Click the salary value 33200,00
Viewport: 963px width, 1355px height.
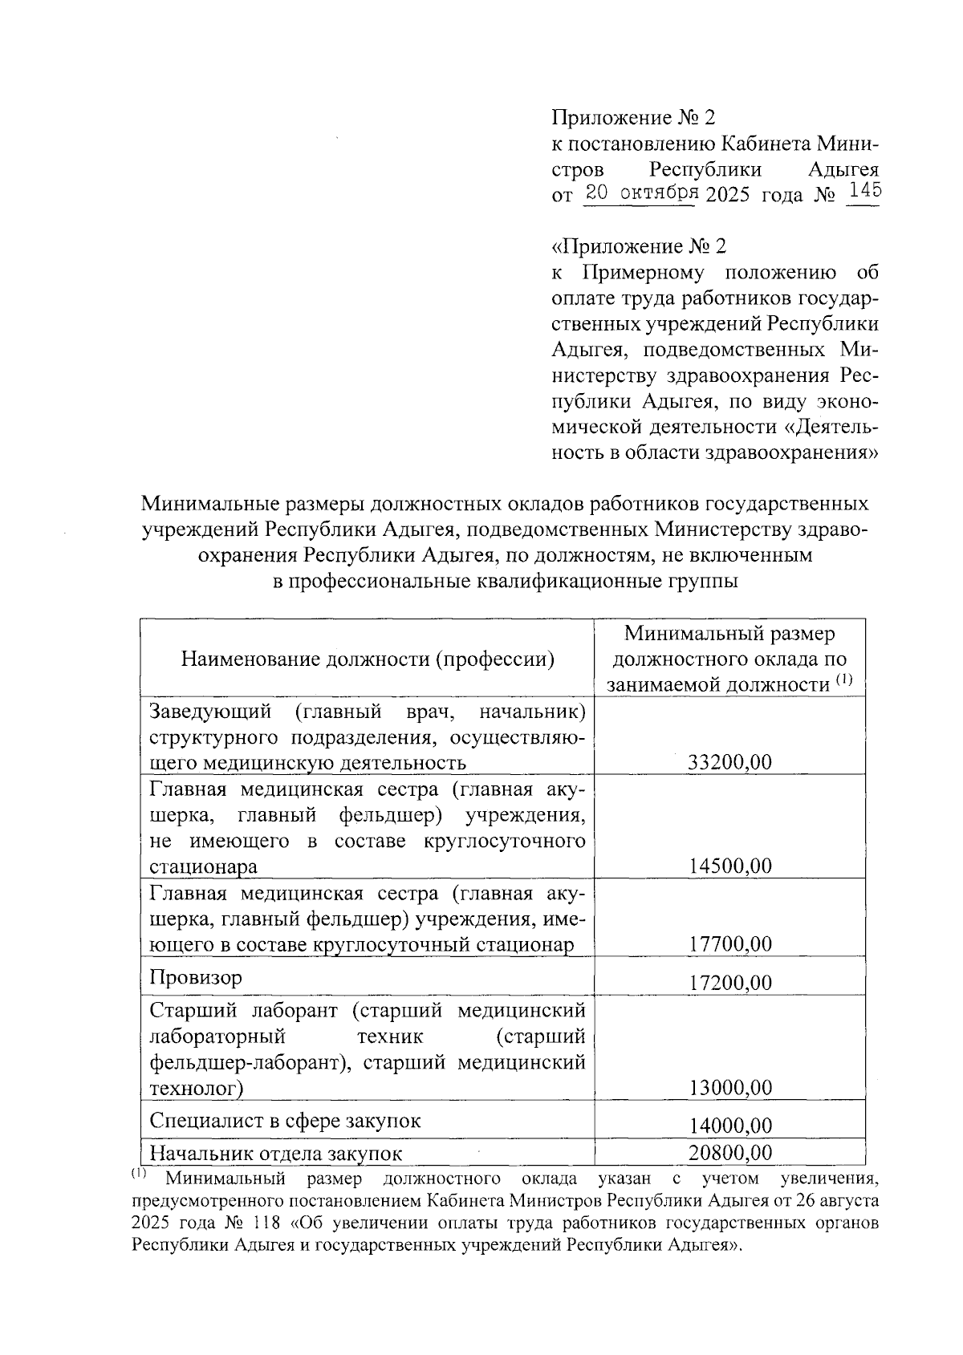[729, 761]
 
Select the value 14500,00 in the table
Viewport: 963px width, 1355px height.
[729, 866]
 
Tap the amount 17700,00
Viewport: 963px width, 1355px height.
[729, 943]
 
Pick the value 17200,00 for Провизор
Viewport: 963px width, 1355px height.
[729, 983]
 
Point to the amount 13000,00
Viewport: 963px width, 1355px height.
[729, 1088]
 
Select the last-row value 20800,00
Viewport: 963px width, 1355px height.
[729, 1153]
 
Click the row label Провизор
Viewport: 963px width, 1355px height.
[196, 978]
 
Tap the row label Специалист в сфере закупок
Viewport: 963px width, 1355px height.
[285, 1121]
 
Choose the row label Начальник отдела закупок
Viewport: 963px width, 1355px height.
[276, 1154]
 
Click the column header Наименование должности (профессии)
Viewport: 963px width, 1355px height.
[368, 659]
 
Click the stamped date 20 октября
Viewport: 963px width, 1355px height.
[640, 193]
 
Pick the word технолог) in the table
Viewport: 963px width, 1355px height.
[197, 1089]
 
